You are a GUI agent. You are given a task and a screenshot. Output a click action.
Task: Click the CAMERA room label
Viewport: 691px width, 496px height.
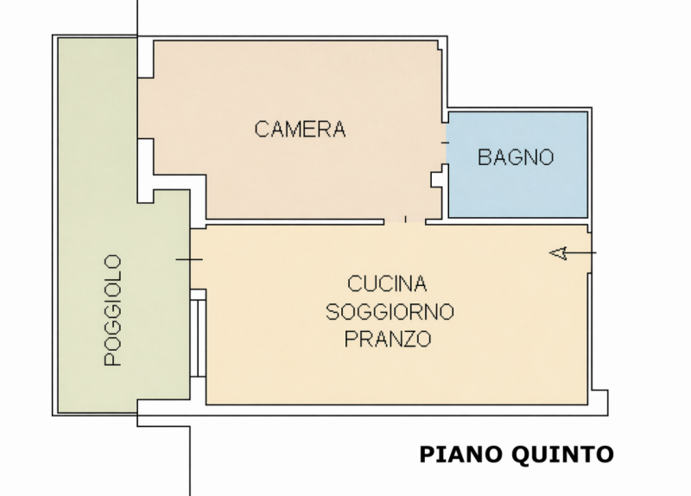point(300,130)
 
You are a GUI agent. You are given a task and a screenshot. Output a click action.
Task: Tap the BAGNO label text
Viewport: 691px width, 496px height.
point(516,157)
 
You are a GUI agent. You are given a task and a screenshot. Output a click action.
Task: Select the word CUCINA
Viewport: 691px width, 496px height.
point(388,283)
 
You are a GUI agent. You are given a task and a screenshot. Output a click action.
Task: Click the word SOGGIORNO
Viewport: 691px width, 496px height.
point(390,311)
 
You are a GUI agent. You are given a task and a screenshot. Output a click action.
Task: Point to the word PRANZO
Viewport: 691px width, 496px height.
point(388,339)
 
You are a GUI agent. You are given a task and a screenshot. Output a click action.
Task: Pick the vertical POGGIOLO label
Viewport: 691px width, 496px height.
point(112,310)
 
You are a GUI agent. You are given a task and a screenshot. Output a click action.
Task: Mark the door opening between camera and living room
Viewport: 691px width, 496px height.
point(405,221)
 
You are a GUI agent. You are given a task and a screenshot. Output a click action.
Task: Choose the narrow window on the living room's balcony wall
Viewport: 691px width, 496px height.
point(199,334)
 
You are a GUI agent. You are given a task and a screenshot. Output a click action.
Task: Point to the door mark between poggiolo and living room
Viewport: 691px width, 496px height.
point(189,259)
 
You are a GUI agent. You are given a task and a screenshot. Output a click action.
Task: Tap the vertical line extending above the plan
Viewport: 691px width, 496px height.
point(137,17)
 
